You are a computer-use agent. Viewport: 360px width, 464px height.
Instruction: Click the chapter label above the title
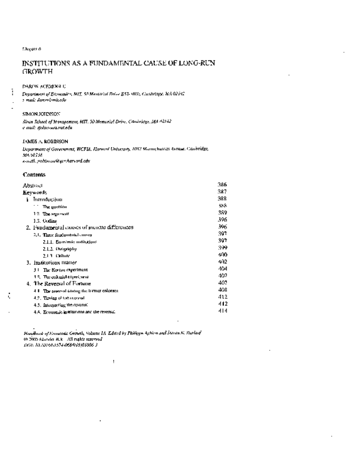(x=28, y=49)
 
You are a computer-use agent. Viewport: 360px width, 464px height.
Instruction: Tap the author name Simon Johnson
(x=38, y=114)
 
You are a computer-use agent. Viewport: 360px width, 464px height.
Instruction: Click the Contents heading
(x=34, y=175)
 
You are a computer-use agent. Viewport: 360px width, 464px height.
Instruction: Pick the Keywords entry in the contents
(x=35, y=193)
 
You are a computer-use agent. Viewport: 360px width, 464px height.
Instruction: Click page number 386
(x=222, y=185)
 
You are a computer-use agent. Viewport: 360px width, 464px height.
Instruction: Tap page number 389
(x=222, y=213)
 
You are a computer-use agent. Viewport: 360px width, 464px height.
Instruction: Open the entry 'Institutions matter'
(x=53, y=263)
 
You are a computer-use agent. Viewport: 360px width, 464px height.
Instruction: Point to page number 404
(x=222, y=269)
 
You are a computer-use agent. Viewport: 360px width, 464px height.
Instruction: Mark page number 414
(x=222, y=311)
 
